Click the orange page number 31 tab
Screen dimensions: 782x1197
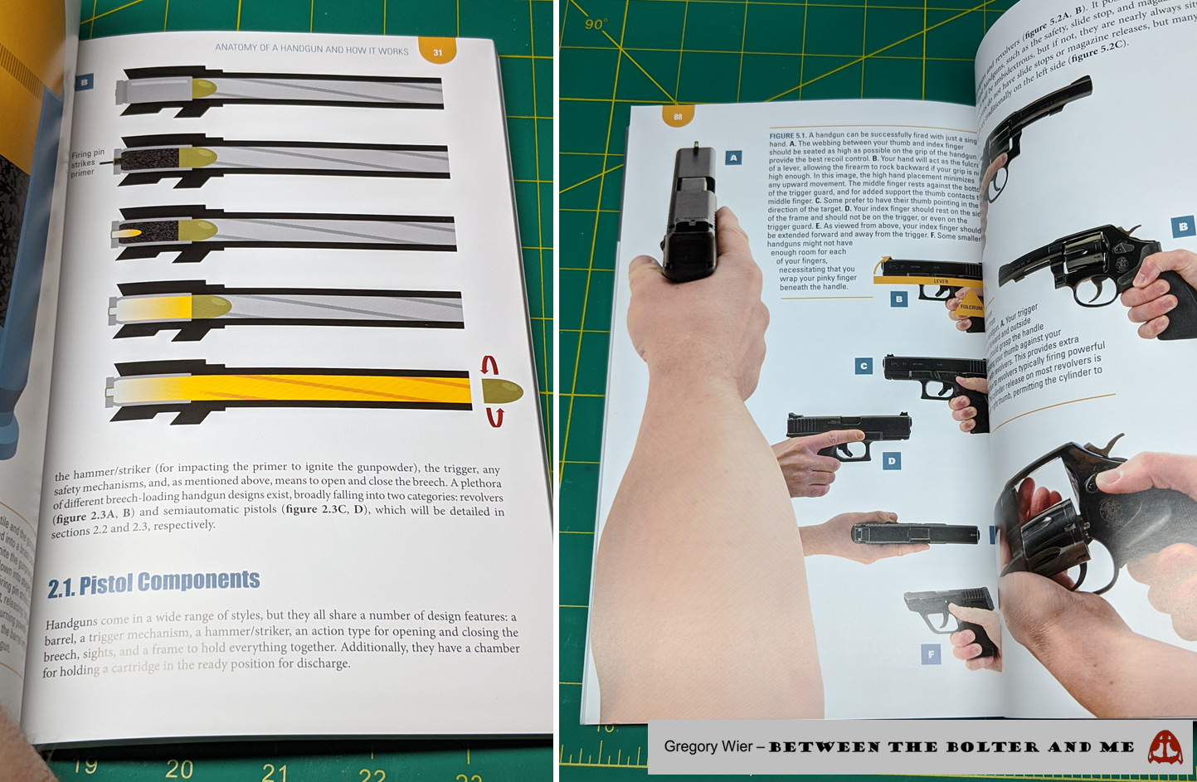pos(437,52)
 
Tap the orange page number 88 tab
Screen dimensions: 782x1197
pos(678,117)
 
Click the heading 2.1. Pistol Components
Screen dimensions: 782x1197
pos(153,583)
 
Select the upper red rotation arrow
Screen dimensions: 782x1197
pos(490,365)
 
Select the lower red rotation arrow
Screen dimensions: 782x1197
pos(495,416)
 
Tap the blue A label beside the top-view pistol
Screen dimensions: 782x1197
pos(733,158)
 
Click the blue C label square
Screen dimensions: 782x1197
pos(864,366)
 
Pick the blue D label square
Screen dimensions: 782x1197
pos(892,460)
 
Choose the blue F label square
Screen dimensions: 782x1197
pos(931,654)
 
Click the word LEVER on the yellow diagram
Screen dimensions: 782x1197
pos(941,281)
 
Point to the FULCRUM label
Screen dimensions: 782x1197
pos(971,307)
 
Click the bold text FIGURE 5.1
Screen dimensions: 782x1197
pos(787,135)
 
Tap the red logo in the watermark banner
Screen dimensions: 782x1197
pos(1165,747)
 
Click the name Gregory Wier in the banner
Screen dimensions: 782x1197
pos(708,746)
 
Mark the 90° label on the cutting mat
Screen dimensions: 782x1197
pos(595,24)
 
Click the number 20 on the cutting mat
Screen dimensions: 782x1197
pos(178,769)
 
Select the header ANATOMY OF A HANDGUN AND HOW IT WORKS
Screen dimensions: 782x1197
pos(312,50)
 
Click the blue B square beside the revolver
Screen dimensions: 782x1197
pos(1183,226)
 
